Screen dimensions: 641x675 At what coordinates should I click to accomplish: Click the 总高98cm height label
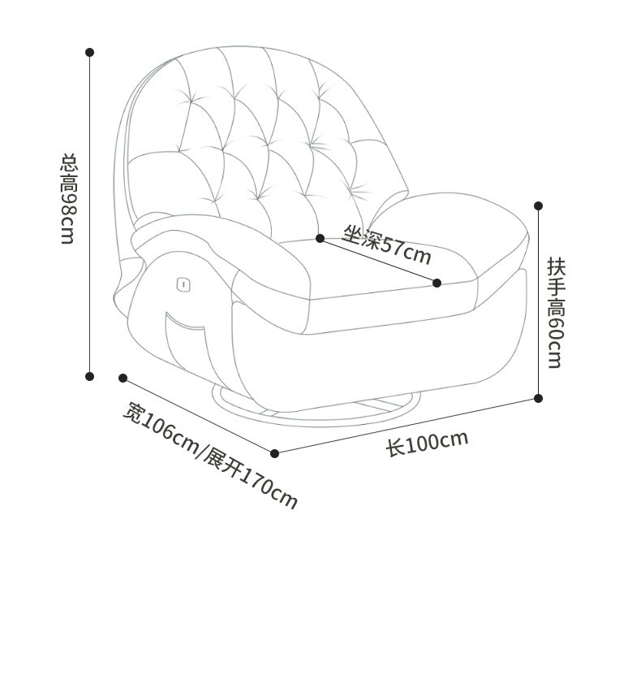tap(68, 199)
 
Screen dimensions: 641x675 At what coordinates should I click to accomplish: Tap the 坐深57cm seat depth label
tap(386, 244)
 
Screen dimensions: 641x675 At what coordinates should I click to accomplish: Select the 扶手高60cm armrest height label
tap(555, 313)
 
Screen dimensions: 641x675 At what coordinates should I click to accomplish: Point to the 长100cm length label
tap(427, 443)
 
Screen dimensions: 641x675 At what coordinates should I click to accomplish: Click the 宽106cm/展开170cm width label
tap(210, 456)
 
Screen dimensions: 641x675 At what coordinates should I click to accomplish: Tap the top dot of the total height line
tap(90, 52)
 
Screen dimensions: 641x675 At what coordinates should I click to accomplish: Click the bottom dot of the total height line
tap(90, 376)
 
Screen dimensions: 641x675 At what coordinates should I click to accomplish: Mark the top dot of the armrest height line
tap(538, 206)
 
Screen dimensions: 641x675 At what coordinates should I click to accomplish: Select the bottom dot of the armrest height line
tap(538, 398)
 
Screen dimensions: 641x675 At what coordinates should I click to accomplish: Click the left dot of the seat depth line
tap(320, 238)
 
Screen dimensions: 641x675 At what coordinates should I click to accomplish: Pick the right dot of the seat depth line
tap(437, 283)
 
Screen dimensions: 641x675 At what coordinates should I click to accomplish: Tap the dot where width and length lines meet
tap(274, 453)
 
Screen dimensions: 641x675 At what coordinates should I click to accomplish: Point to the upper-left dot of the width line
tap(123, 378)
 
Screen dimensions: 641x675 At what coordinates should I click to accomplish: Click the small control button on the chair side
tap(183, 283)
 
